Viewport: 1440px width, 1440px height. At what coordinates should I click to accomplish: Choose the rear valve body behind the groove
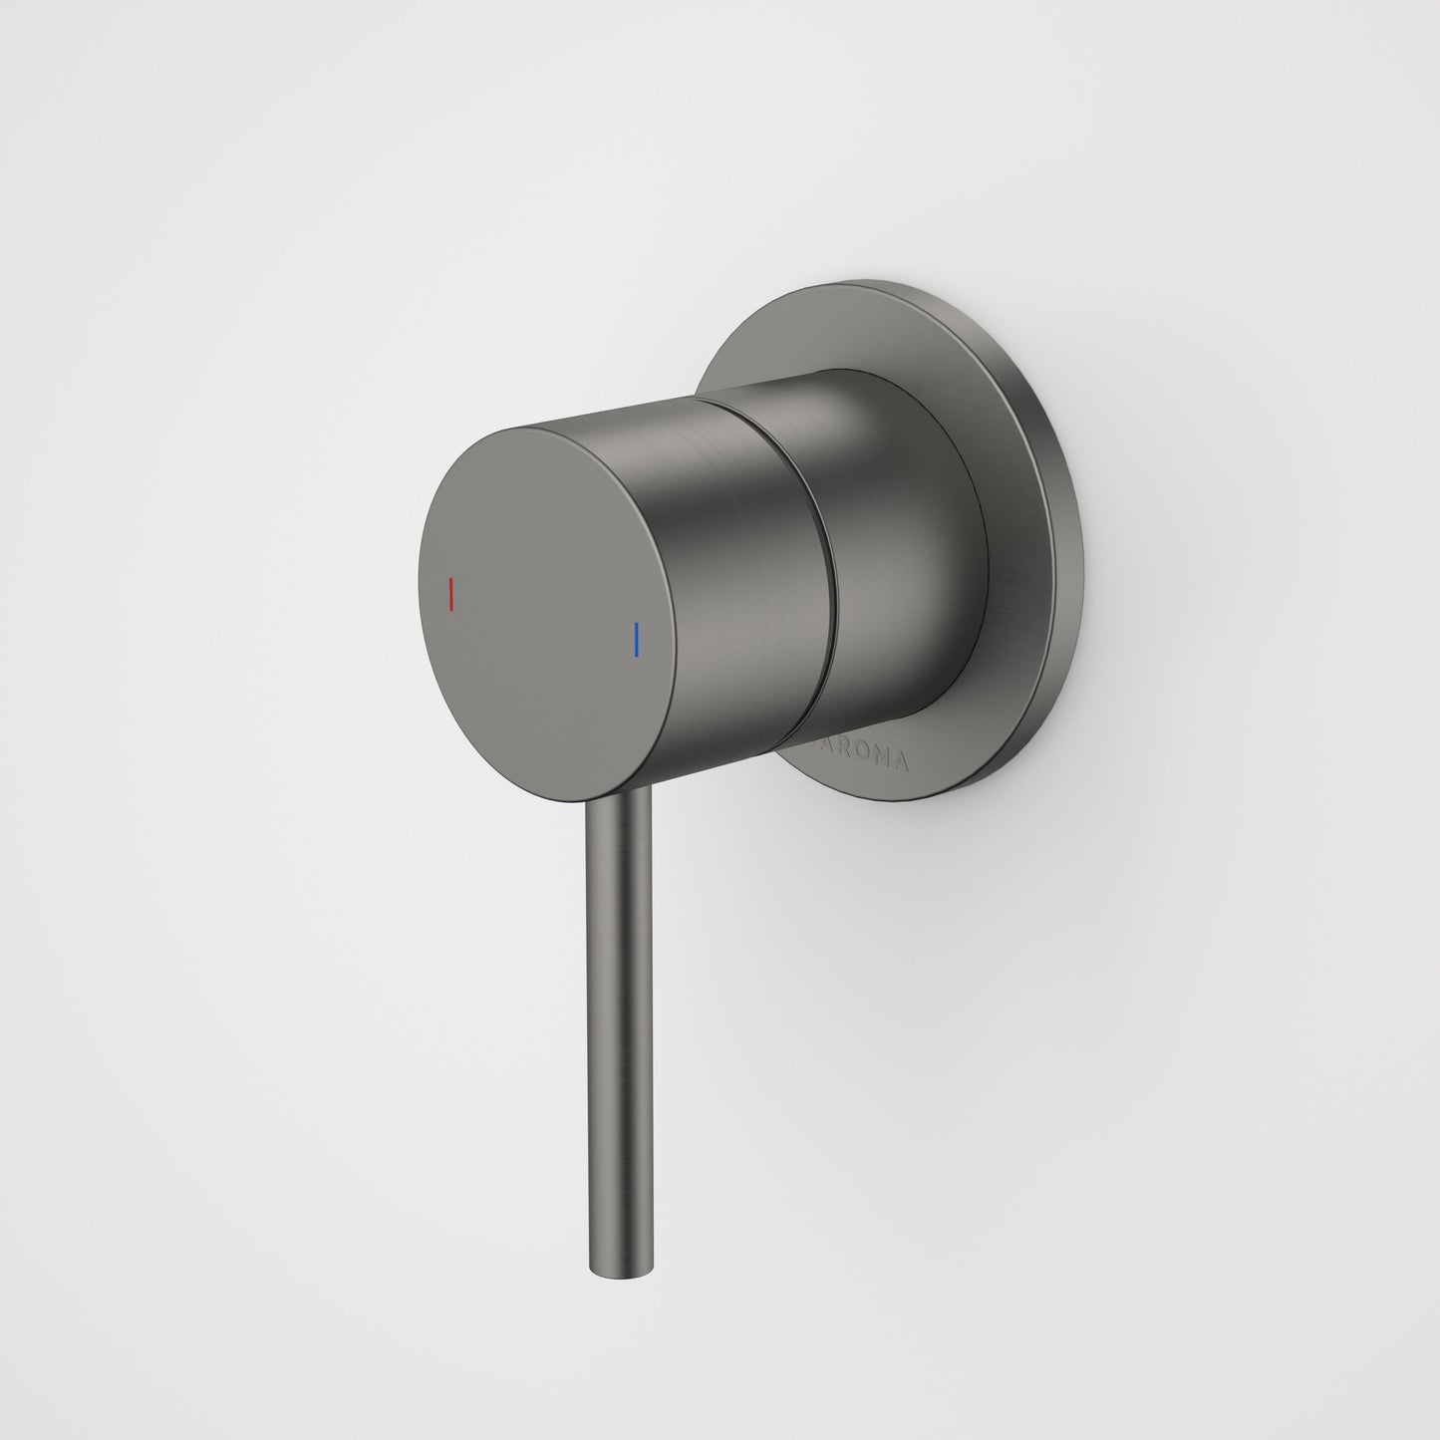(897, 558)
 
